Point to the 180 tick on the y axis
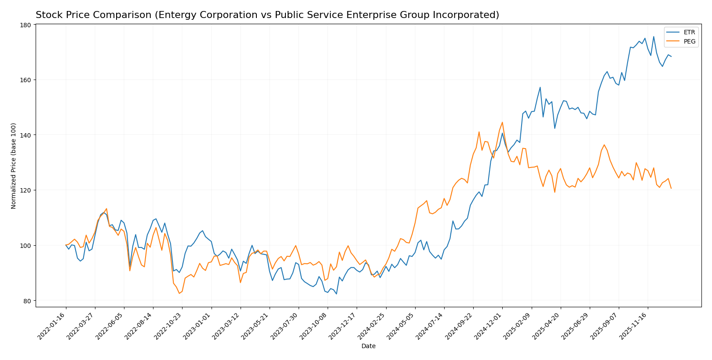click(x=26, y=25)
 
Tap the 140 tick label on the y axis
click(x=26, y=135)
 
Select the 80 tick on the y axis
click(x=27, y=301)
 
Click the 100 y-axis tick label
click(x=26, y=246)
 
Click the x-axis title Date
click(x=368, y=346)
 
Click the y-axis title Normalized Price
click(x=14, y=166)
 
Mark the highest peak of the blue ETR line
click(x=654, y=36)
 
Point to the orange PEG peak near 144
click(x=502, y=122)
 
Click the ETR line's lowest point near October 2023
click(x=336, y=294)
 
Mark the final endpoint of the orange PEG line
click(x=671, y=189)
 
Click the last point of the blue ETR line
click(x=671, y=56)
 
